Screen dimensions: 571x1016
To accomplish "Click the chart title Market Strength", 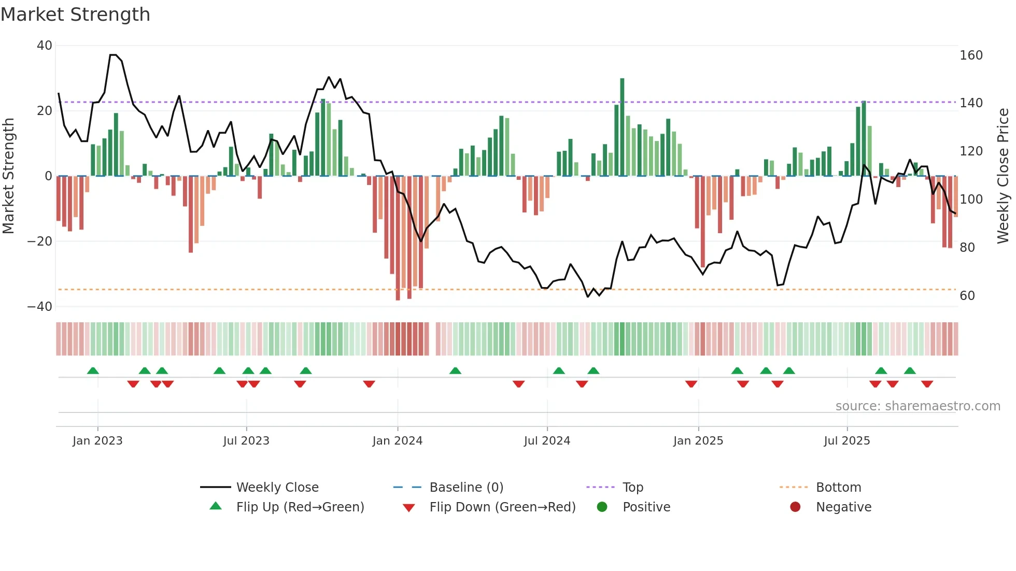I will pos(75,14).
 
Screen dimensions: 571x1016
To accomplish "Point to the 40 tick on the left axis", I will pos(45,46).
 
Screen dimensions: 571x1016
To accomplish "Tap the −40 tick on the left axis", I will pos(40,306).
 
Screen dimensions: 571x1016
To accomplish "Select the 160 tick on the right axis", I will pos(971,55).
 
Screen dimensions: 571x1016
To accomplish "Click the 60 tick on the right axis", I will pos(967,295).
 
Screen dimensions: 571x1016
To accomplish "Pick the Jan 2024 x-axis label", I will pos(397,440).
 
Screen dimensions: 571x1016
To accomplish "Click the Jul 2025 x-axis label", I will pos(846,440).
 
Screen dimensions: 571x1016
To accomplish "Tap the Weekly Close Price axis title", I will pos(1003,176).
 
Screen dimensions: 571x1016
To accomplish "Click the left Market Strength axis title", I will pos(8,176).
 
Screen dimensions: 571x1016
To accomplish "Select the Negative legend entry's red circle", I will pos(795,507).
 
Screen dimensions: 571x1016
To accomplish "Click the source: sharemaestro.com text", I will pos(918,406).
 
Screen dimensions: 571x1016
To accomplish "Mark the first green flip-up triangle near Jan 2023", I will pos(93,370).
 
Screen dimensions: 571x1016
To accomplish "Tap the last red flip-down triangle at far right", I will pos(927,384).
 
